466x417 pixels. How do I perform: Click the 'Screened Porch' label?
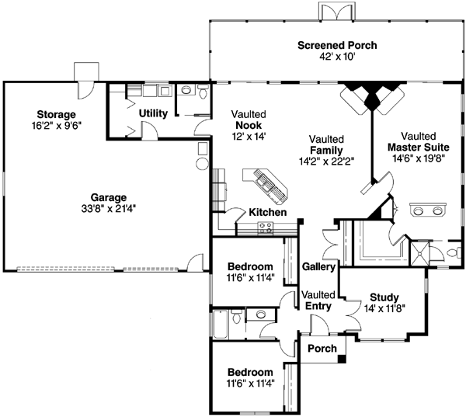[337, 45]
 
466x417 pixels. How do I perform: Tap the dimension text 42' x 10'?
[337, 57]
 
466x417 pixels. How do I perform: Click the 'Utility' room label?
[153, 113]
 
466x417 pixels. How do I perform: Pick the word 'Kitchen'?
[267, 212]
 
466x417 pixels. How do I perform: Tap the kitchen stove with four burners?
[266, 228]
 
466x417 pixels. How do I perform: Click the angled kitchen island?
[266, 185]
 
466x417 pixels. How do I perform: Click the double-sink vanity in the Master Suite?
[428, 211]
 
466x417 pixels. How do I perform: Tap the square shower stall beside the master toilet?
[420, 253]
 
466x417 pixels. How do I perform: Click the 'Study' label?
[384, 296]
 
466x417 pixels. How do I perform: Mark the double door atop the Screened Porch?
[338, 12]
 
